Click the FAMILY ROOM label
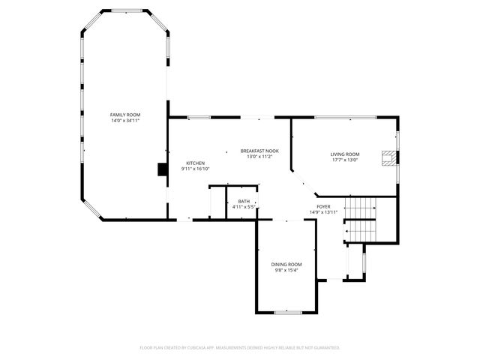pyautogui.click(x=125, y=115)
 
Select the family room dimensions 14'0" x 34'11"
pyautogui.click(x=125, y=121)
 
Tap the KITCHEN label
pyautogui.click(x=196, y=163)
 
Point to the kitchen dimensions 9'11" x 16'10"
pyautogui.click(x=196, y=169)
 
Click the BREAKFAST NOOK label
pyautogui.click(x=259, y=151)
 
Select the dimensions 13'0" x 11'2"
pyautogui.click(x=259, y=157)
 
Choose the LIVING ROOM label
pyautogui.click(x=345, y=154)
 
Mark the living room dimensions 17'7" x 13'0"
pyautogui.click(x=345, y=160)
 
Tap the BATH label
pyautogui.click(x=244, y=201)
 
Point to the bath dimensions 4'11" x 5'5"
pyautogui.click(x=244, y=207)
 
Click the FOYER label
pyautogui.click(x=323, y=206)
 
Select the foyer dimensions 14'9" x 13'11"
pyautogui.click(x=323, y=212)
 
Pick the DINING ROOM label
pyautogui.click(x=286, y=264)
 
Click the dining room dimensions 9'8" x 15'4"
pyautogui.click(x=286, y=270)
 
